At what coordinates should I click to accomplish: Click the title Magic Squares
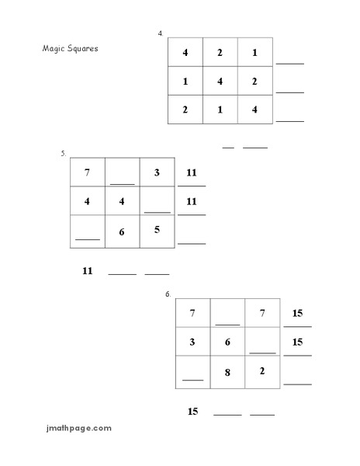(x=70, y=48)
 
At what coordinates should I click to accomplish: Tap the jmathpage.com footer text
(x=78, y=427)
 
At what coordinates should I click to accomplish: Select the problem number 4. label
(x=161, y=33)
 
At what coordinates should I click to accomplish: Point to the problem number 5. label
(x=64, y=154)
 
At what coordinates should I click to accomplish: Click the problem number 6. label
(x=168, y=294)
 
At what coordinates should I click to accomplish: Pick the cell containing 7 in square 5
(x=87, y=172)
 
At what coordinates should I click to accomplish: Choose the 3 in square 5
(x=157, y=172)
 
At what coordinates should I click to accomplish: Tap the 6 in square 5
(x=122, y=231)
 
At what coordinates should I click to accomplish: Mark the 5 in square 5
(x=157, y=229)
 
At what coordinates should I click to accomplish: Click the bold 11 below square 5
(x=87, y=270)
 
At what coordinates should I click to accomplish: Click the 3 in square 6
(x=192, y=342)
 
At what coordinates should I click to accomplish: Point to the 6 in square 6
(x=227, y=342)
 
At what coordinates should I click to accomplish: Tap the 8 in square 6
(x=227, y=373)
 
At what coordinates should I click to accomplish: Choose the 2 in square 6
(x=262, y=370)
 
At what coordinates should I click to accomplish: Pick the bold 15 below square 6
(x=193, y=411)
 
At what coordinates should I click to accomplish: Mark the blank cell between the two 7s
(x=227, y=314)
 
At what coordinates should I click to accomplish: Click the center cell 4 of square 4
(x=220, y=81)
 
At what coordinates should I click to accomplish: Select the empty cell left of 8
(x=192, y=373)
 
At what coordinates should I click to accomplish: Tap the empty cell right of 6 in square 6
(x=262, y=343)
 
